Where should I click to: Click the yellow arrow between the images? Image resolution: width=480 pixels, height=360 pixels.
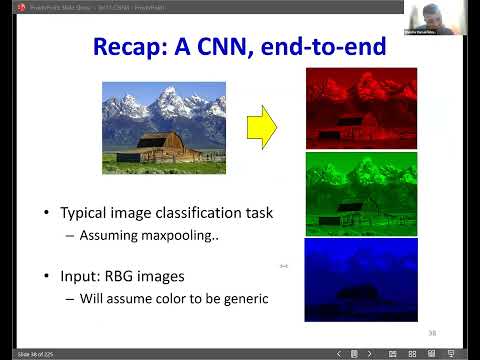(x=261, y=127)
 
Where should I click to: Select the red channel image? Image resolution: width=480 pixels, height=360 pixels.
(x=361, y=108)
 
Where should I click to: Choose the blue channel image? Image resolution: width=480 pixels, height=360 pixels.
(x=361, y=279)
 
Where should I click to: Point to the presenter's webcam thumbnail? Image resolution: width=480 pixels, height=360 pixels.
(x=430, y=18)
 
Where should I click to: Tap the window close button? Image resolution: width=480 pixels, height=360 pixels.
(x=471, y=6)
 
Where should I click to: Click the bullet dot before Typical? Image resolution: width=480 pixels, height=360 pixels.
(x=45, y=214)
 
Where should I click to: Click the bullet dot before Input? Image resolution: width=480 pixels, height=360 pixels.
(x=45, y=275)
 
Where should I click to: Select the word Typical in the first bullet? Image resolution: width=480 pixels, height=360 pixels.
(x=85, y=213)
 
